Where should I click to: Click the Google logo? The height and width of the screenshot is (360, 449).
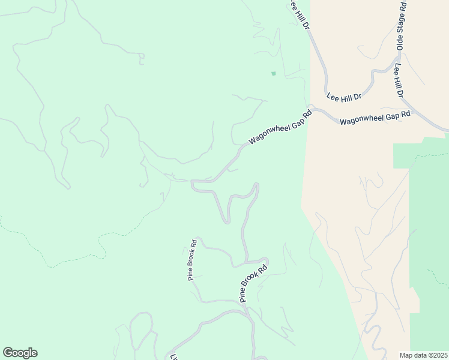pyautogui.click(x=20, y=353)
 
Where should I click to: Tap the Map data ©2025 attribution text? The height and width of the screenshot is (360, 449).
pyautogui.click(x=423, y=355)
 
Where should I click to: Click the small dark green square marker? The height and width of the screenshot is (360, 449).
pyautogui.click(x=274, y=74)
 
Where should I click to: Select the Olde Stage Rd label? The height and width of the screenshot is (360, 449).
pyautogui.click(x=402, y=26)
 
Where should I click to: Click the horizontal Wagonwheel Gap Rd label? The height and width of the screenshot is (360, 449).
pyautogui.click(x=375, y=117)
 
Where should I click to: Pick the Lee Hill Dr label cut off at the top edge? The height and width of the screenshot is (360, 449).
pyautogui.click(x=298, y=13)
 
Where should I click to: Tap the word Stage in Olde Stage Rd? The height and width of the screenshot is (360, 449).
pyautogui.click(x=402, y=26)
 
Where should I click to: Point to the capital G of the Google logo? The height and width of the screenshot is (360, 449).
pyautogui.click(x=8, y=352)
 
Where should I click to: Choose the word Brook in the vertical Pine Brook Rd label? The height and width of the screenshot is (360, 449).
pyautogui.click(x=192, y=260)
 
